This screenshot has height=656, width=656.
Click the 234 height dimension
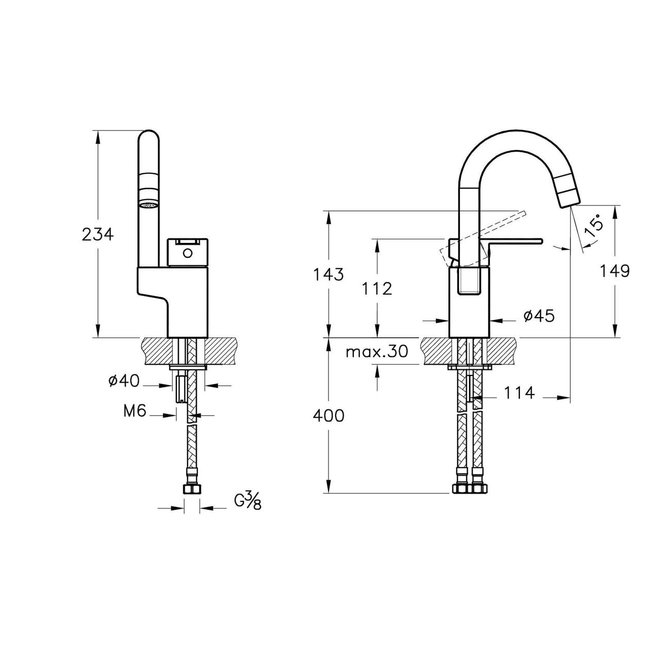coord(97,234)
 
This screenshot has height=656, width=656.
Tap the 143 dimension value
coord(328,274)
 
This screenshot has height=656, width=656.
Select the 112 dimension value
coord(377,289)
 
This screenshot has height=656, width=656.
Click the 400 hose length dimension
coord(329,416)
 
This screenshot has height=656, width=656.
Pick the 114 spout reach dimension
coord(519,393)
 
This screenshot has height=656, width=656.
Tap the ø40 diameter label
coord(124,381)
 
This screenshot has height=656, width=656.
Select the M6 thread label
coord(135,411)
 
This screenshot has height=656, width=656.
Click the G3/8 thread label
coord(248,500)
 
